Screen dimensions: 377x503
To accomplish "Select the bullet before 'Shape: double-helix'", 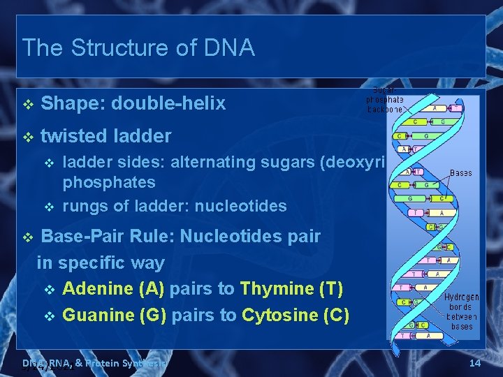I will tap(27, 105).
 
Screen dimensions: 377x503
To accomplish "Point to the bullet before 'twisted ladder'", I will tap(27, 137).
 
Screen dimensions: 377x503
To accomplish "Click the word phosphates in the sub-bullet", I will tap(109, 182).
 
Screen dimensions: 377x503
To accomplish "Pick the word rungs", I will tap(82, 206).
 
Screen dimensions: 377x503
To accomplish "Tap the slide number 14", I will tap(475, 363).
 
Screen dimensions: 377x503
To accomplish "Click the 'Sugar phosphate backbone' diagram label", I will tap(385, 100).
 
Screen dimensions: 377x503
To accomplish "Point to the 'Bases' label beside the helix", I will tap(460, 172).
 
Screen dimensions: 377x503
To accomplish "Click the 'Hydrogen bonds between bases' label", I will tap(461, 311).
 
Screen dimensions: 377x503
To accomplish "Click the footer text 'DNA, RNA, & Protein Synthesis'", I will tap(94, 363).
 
